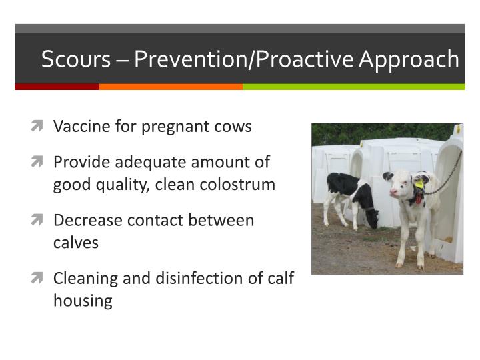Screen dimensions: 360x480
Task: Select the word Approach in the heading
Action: tap(409, 59)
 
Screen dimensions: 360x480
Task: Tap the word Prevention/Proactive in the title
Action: tap(244, 59)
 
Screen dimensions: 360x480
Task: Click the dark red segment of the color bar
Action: tap(57, 87)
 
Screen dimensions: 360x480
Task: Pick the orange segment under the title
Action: tap(171, 87)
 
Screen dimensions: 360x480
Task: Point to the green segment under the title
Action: tap(353, 87)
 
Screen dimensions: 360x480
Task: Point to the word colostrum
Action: tap(241, 185)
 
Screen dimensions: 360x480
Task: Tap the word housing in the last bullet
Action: tap(83, 301)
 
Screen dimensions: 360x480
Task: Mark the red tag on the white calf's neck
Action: tap(419, 197)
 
